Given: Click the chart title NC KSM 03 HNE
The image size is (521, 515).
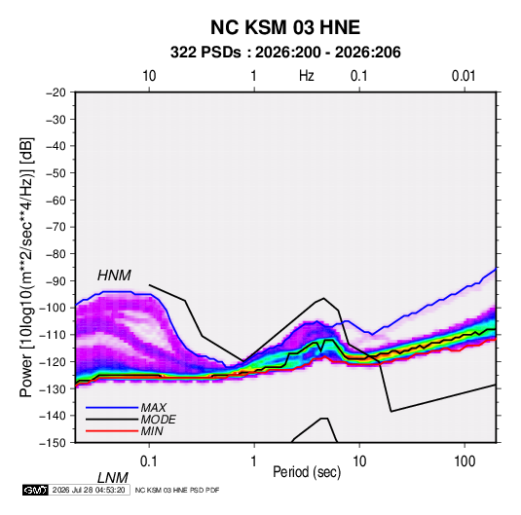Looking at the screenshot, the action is tap(285, 27).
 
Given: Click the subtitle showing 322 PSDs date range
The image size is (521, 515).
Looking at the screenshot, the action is tap(285, 53).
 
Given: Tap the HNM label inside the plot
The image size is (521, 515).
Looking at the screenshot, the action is tap(114, 276).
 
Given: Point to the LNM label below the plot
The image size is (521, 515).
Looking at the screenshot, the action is tap(113, 478).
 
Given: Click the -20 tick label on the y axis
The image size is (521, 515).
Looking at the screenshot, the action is tap(56, 92).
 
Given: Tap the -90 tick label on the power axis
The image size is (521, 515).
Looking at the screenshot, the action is tap(56, 281).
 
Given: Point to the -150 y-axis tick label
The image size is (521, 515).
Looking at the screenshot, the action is tap(53, 443).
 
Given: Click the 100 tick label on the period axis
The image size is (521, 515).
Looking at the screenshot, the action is tap(465, 461).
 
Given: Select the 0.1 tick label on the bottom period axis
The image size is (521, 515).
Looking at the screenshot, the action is tap(149, 461).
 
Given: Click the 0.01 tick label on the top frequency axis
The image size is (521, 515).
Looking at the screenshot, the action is tap(464, 76).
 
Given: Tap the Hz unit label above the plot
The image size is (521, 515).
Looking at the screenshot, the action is tap(307, 76).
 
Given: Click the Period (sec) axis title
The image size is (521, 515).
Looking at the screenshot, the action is tap(307, 472).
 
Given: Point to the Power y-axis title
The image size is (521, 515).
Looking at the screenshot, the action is tap(26, 268).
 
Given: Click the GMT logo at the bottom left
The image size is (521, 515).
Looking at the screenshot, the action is tap(35, 490).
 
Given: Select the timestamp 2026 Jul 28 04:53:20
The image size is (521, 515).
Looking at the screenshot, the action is tap(89, 490).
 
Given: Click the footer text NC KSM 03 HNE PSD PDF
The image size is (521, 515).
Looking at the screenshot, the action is tap(177, 490).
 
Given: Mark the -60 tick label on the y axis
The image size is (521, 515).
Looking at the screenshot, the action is tap(56, 201).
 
